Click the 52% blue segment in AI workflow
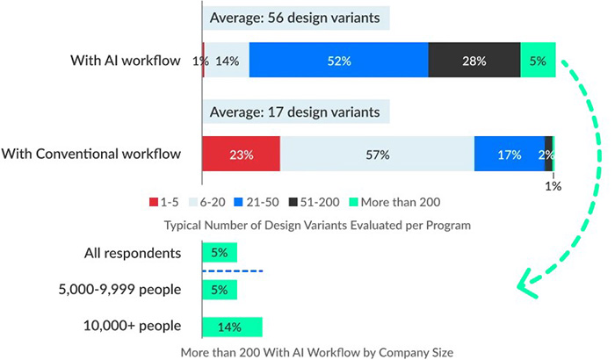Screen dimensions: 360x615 (338, 61)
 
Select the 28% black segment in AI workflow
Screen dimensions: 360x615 (474, 61)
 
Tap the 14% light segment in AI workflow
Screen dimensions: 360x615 (227, 61)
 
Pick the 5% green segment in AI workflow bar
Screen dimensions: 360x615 (538, 61)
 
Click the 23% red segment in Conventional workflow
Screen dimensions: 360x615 (241, 155)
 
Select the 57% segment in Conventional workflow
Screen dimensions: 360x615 (377, 155)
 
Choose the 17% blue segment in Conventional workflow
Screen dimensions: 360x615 (509, 155)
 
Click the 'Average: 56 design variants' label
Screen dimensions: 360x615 (295, 18)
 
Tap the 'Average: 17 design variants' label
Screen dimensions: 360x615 (295, 112)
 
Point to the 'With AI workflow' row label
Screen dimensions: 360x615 (126, 61)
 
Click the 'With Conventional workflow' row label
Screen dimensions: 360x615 (90, 155)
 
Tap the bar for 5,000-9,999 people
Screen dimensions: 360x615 (219, 289)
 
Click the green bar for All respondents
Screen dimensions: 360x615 (219, 253)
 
